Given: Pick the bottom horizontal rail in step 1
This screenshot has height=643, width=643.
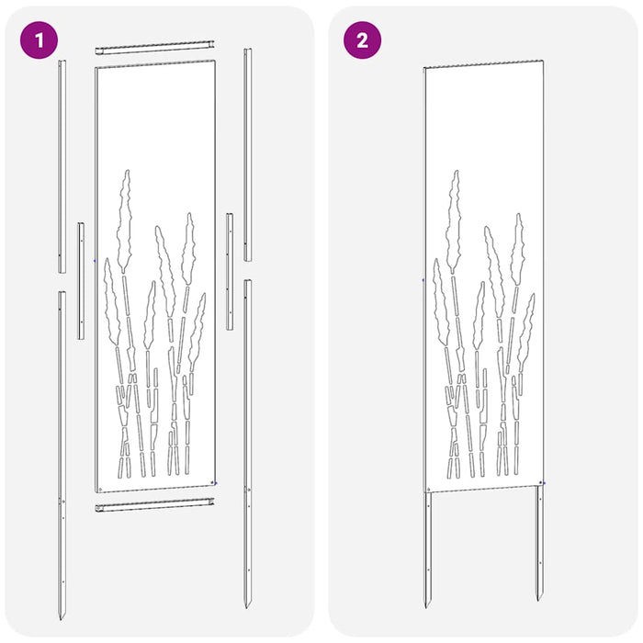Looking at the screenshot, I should [x=155, y=505].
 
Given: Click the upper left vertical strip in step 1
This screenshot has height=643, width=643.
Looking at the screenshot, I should [x=62, y=165].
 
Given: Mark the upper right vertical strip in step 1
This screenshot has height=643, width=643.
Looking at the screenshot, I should [x=247, y=152].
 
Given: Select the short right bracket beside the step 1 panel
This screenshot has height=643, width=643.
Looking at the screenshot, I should [x=230, y=271].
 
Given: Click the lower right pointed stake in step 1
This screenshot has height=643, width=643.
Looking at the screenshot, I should [x=247, y=441].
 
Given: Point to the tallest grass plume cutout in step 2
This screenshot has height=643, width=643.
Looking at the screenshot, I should [x=453, y=220].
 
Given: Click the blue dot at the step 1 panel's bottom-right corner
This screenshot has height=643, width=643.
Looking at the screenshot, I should [x=214, y=482].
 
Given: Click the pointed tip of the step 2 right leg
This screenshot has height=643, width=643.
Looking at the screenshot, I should [x=541, y=606].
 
